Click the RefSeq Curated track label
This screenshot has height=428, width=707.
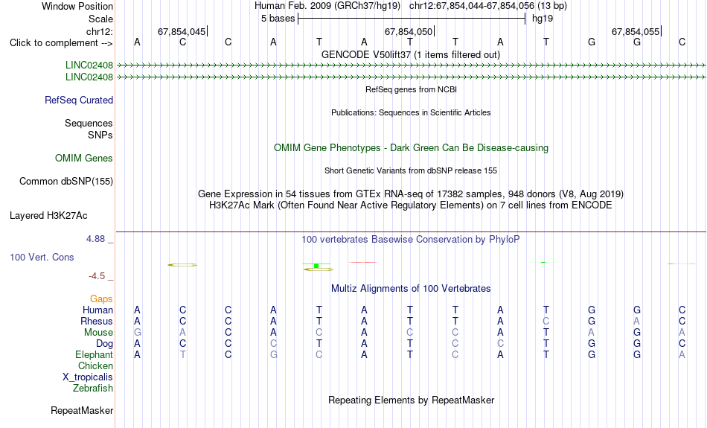[78, 100]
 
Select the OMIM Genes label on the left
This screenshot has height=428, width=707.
[84, 159]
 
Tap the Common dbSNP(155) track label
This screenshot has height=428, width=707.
[66, 182]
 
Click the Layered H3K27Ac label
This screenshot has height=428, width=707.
[48, 216]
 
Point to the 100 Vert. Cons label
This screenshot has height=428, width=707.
[42, 257]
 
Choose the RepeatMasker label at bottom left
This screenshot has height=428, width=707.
[82, 410]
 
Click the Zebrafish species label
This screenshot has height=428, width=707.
[93, 389]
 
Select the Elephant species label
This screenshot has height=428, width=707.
[94, 355]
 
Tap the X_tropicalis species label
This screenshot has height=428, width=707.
[88, 377]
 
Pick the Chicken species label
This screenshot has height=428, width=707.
[95, 365]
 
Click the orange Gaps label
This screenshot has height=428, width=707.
[101, 299]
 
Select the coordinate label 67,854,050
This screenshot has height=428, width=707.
[409, 31]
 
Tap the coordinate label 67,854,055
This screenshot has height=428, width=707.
[636, 31]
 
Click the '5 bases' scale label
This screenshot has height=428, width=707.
[278, 19]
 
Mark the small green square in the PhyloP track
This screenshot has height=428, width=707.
[316, 266]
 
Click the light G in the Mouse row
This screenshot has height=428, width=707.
[137, 333]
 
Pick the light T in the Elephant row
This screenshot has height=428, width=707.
[182, 355]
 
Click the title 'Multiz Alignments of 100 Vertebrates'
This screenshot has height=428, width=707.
[411, 289]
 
